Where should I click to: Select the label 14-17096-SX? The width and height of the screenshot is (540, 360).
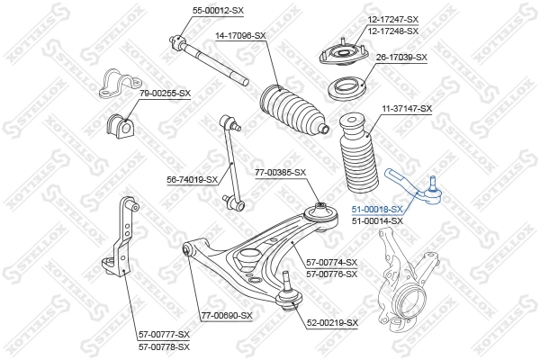(x=240, y=35)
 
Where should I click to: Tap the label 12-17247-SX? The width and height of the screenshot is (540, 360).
(x=393, y=18)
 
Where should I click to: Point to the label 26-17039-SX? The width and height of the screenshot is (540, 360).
(x=401, y=58)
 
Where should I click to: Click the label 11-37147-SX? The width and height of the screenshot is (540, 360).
(x=407, y=108)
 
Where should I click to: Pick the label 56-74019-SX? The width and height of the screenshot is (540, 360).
(x=193, y=179)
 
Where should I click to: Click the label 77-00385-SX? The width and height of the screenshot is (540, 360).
(x=280, y=172)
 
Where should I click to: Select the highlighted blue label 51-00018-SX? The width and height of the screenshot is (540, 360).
(x=377, y=209)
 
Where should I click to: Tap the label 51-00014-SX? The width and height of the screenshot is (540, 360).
(x=377, y=220)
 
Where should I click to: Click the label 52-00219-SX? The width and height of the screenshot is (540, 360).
(x=332, y=322)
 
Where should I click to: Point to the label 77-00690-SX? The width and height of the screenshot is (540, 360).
(x=227, y=316)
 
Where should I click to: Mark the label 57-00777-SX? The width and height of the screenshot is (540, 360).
(x=164, y=334)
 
